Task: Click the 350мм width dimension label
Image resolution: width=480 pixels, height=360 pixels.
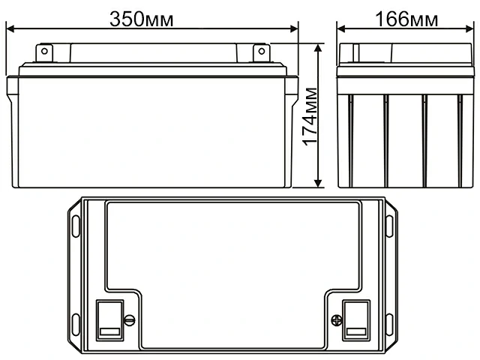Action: [x=142, y=19]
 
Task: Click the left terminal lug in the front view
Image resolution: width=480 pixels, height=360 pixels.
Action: [x=43, y=53]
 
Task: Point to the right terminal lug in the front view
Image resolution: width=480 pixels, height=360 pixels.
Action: [x=260, y=53]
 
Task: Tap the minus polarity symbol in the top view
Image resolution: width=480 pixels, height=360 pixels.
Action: [x=128, y=320]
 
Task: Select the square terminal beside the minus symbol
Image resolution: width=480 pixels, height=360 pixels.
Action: [x=109, y=317]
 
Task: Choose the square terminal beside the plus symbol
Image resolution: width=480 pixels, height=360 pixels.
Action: [x=355, y=317]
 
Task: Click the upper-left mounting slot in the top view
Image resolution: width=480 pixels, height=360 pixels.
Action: [x=76, y=226]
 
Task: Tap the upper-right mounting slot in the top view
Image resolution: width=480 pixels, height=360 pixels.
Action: [x=389, y=226]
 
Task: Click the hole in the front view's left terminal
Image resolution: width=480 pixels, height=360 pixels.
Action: [x=43, y=52]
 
